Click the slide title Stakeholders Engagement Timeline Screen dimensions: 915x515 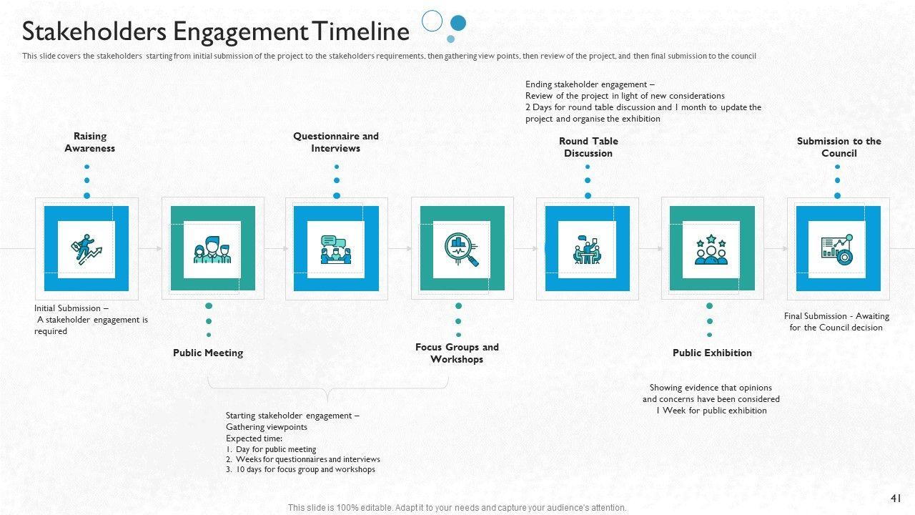[215, 32]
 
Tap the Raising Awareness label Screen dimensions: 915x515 [90, 142]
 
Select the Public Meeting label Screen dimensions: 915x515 [208, 353]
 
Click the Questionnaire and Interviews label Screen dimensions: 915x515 [336, 142]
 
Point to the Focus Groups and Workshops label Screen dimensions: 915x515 [457, 353]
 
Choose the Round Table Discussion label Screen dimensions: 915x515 [588, 147]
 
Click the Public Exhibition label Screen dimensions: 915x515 [712, 353]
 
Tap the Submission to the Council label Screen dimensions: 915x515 [839, 147]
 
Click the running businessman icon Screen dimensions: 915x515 [86, 249]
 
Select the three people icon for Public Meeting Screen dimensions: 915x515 [212, 249]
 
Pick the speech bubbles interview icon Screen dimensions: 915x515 [336, 249]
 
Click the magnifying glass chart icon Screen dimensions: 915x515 [462, 249]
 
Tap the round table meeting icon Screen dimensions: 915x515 [587, 249]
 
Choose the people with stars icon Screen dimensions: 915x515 [711, 249]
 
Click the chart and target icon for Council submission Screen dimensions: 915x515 [837, 249]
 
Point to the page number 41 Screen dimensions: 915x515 [896, 499]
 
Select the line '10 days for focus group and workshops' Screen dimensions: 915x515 [305, 470]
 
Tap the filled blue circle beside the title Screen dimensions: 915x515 [458, 23]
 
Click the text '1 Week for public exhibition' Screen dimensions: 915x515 [711, 411]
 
